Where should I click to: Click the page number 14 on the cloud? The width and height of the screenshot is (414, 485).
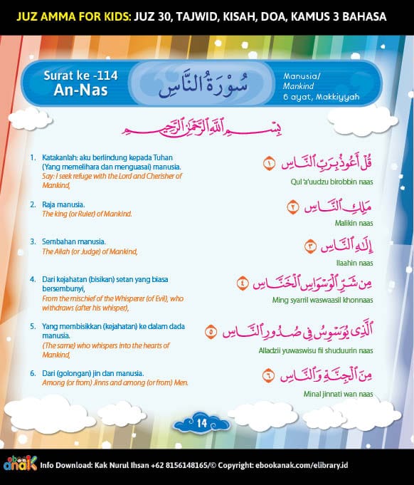point(201,423)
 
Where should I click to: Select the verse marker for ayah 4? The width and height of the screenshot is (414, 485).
point(243,283)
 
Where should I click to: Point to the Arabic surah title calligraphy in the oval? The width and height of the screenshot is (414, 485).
point(201,83)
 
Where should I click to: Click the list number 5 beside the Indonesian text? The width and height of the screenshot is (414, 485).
point(33,325)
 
